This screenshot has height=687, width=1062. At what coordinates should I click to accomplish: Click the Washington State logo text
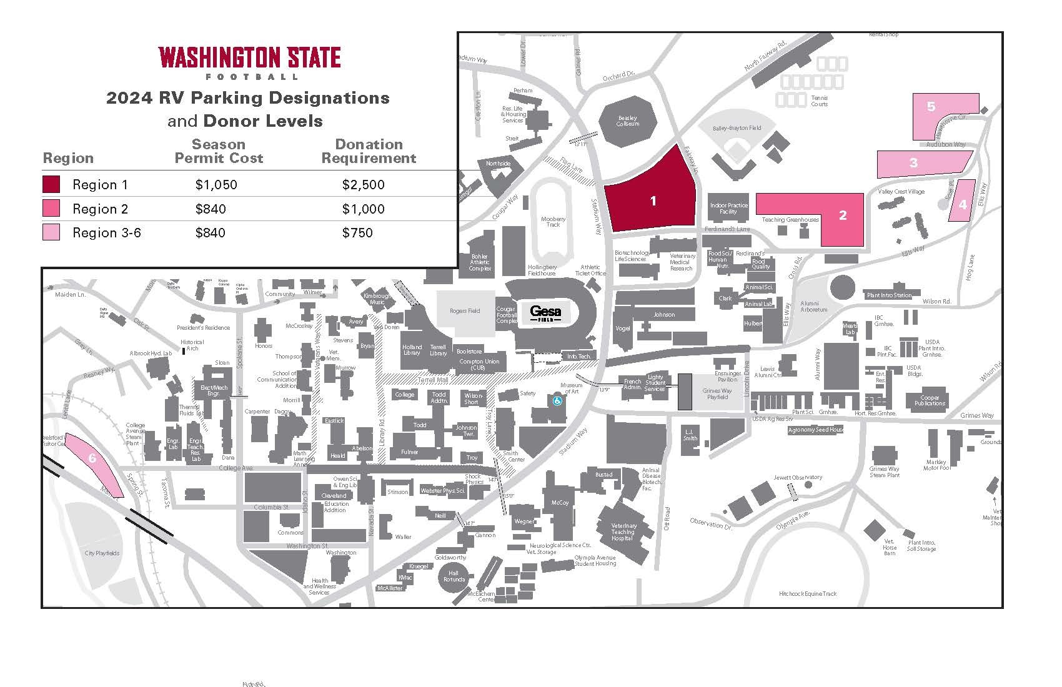pos(249,58)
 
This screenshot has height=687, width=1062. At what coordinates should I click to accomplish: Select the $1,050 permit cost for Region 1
pos(216,185)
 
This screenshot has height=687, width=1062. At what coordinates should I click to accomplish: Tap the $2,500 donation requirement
pos(364,185)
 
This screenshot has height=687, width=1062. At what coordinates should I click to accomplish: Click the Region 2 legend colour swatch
pos(51,209)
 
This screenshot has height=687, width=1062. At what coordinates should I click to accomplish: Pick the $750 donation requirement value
pos(357,233)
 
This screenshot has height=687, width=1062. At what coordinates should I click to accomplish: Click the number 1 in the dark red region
pos(653,201)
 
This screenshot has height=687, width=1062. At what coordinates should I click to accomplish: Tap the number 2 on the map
pos(843,215)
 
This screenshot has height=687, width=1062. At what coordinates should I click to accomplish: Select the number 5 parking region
pos(931,107)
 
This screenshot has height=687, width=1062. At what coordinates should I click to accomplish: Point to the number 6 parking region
pos(92,458)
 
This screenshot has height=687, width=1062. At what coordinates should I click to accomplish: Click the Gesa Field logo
pos(545,312)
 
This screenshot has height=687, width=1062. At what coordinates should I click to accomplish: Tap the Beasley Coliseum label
pos(628,121)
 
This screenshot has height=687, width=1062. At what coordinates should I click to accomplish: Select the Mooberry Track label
pos(553,222)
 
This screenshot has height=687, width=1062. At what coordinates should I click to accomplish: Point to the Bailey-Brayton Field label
pos(738,128)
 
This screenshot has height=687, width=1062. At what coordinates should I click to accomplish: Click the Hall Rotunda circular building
pos(454,576)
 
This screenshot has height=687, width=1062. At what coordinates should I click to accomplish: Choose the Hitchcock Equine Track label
pos(808,593)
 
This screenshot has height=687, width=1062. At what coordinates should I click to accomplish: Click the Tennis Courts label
pos(819,101)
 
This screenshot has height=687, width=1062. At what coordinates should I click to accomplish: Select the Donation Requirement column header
pos(369,151)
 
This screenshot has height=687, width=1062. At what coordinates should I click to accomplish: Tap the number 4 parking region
pos(963,204)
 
